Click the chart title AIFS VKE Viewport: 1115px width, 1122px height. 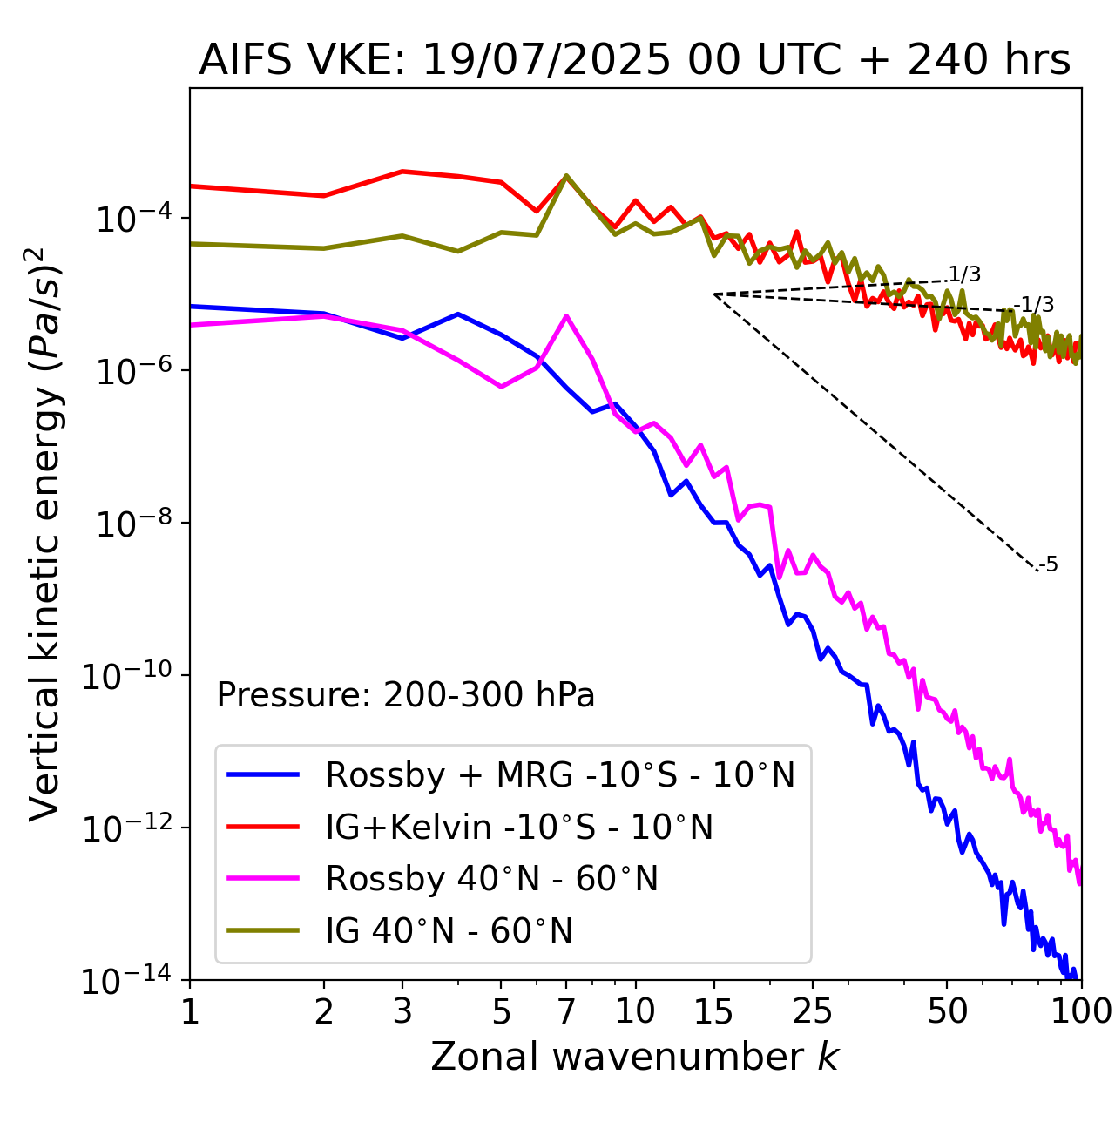[634, 59]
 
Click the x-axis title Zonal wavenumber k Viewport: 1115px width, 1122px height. [634, 1056]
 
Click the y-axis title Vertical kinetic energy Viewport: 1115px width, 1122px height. [45, 533]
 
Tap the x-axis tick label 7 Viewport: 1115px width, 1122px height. [566, 1010]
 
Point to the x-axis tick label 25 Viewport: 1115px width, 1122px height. [812, 1010]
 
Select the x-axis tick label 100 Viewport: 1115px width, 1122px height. [1080, 1010]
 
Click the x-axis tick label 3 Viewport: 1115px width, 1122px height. [402, 1010]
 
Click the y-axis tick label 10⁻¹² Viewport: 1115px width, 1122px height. [126, 828]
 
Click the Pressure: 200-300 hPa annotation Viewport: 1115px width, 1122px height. [405, 695]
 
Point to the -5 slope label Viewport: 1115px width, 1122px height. [1049, 564]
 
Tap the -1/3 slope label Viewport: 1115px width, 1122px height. [1037, 305]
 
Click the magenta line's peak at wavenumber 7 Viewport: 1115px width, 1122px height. [566, 316]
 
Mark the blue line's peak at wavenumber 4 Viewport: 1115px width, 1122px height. [458, 314]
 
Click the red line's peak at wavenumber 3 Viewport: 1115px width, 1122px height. [402, 171]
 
